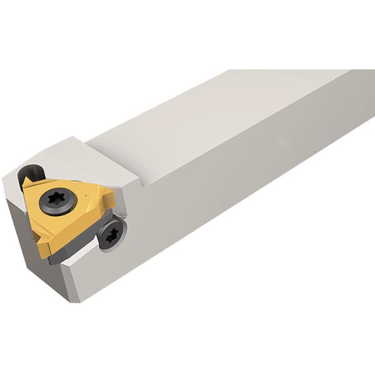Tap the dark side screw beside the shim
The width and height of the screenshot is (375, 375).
pyautogui.click(x=112, y=233)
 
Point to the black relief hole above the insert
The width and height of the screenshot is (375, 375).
pyautogui.click(x=30, y=173)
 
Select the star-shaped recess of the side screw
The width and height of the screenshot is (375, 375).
pyautogui.click(x=112, y=234)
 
